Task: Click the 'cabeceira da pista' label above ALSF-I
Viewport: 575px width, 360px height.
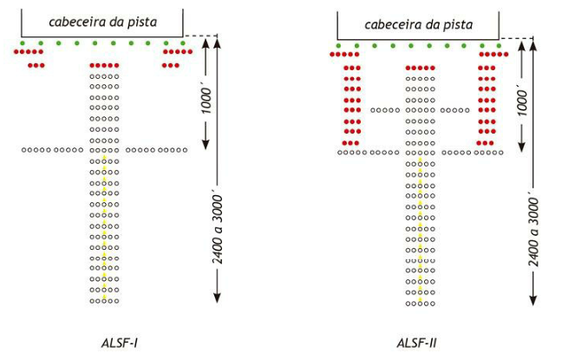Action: (102, 22)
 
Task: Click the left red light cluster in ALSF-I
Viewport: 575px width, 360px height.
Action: (30, 57)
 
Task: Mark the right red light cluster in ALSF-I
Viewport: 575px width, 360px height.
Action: (177, 57)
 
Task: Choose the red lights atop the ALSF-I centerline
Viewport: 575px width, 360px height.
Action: (105, 65)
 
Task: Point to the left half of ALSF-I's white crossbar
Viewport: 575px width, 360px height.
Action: (53, 150)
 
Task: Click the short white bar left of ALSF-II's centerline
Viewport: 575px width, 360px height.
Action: (385, 110)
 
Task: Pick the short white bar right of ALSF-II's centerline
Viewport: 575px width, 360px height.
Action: (454, 110)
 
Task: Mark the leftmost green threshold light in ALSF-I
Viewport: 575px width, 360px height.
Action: (23, 43)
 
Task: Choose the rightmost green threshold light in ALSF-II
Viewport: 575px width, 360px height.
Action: (499, 44)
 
